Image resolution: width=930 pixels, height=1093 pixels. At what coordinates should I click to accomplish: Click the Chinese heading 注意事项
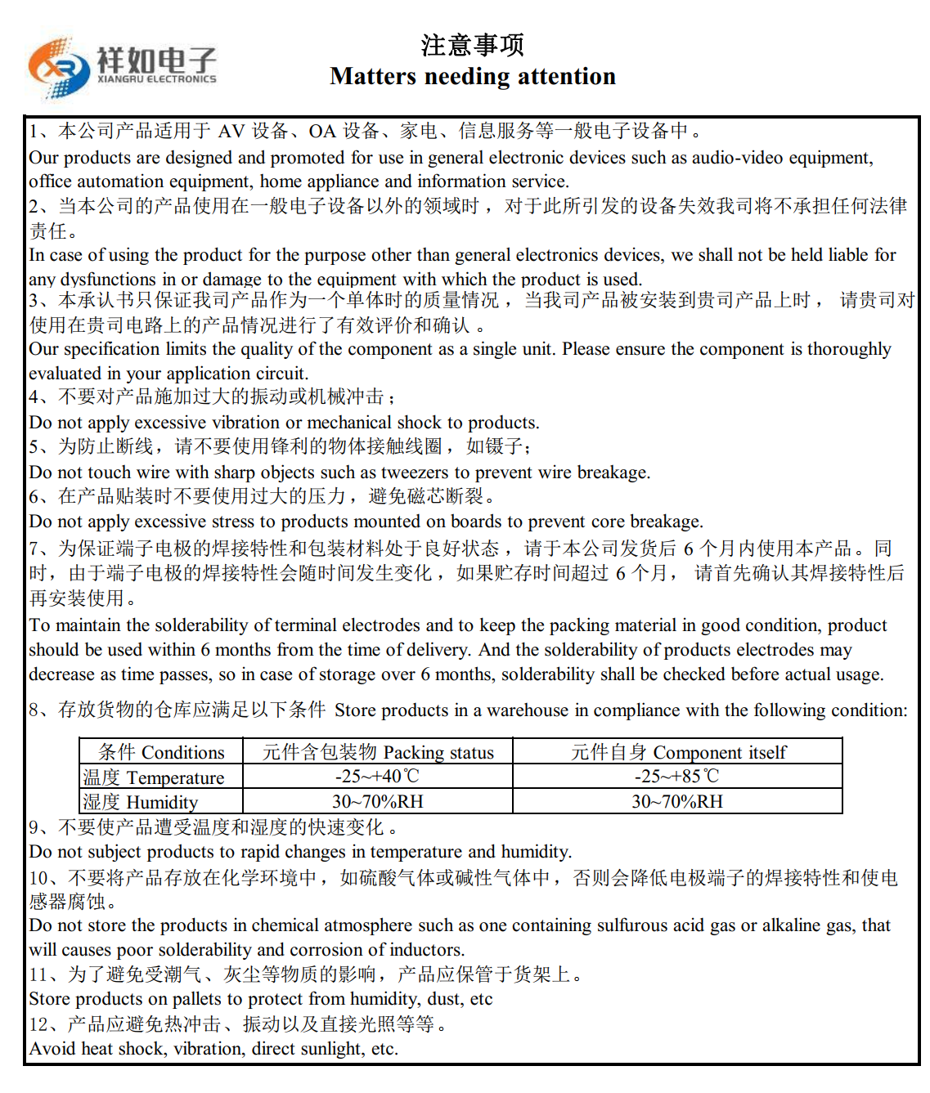472,45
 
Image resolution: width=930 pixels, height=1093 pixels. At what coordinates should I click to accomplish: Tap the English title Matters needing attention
472,76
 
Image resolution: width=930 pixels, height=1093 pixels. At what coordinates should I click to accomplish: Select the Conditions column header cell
161,752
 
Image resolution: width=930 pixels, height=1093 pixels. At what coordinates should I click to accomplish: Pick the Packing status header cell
378,752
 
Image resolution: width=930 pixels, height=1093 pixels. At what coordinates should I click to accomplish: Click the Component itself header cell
678,752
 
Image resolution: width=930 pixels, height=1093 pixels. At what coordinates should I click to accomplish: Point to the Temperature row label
153,777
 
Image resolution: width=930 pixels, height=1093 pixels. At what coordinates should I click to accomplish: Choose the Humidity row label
140,802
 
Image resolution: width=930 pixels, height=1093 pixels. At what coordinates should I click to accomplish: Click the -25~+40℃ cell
377,777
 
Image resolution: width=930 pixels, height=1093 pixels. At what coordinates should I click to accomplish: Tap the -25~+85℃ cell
677,777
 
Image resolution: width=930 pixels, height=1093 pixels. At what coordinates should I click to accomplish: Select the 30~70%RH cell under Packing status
377,802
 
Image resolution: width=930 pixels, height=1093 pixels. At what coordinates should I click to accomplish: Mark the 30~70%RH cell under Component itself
677,802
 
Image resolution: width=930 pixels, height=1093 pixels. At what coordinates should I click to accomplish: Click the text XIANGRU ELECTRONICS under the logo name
156,79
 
